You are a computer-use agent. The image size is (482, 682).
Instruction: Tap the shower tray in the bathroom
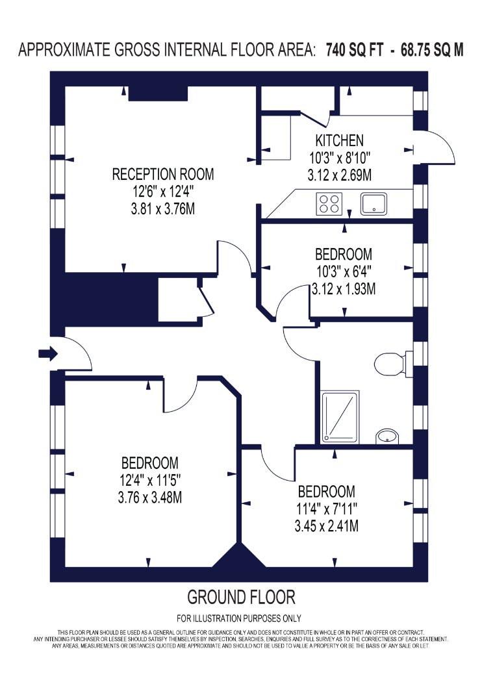pyautogui.click(x=340, y=417)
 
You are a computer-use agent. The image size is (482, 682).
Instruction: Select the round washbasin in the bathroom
pyautogui.click(x=387, y=436)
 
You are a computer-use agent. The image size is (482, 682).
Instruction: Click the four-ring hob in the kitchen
pyautogui.click(x=329, y=204)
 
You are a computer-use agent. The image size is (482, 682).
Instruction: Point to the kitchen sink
pyautogui.click(x=374, y=204)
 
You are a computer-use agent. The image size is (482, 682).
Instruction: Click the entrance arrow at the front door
pyautogui.click(x=48, y=353)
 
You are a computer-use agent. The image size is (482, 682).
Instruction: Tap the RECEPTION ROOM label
pyautogui.click(x=163, y=175)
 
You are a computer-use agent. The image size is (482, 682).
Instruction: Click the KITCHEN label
pyautogui.click(x=339, y=140)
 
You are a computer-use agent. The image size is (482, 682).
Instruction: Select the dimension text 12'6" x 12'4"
pyautogui.click(x=163, y=192)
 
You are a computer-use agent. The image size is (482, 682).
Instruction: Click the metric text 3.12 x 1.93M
pyautogui.click(x=344, y=289)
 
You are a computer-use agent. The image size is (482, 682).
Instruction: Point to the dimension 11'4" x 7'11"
pyautogui.click(x=327, y=509)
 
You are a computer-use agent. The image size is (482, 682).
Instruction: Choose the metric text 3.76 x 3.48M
pyautogui.click(x=150, y=497)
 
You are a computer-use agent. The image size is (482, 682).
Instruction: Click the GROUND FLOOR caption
pyautogui.click(x=241, y=597)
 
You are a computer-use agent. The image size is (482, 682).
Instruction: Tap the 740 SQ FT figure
pyautogui.click(x=355, y=49)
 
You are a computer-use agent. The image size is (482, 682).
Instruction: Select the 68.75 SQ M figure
pyautogui.click(x=432, y=49)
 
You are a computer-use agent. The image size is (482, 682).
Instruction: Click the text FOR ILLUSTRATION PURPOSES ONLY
pyautogui.click(x=239, y=618)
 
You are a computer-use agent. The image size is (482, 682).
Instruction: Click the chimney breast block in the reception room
pyautogui.click(x=158, y=94)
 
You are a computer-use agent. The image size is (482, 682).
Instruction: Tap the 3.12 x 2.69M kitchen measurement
pyautogui.click(x=339, y=175)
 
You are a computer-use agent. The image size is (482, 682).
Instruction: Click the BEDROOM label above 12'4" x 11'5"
pyautogui.click(x=150, y=462)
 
